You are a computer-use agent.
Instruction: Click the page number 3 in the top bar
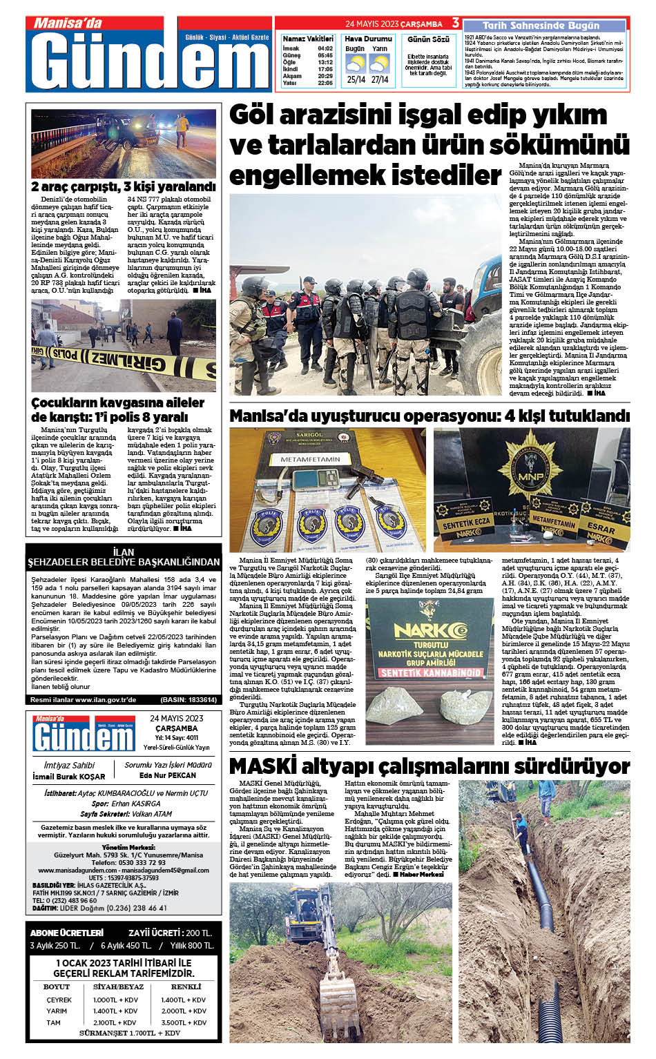tap(456, 23)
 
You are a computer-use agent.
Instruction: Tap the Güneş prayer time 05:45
tap(325, 55)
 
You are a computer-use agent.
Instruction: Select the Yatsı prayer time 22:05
tap(325, 83)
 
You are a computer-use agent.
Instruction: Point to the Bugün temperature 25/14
tap(356, 79)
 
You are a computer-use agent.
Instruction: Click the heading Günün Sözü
tap(428, 39)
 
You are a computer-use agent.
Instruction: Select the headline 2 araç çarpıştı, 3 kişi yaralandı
tap(124, 186)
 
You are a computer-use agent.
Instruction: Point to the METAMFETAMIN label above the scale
tap(310, 459)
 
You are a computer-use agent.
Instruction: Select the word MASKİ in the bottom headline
tap(262, 766)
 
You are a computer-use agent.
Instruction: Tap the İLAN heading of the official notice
tap(124, 552)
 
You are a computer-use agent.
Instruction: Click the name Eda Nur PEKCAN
tap(168, 775)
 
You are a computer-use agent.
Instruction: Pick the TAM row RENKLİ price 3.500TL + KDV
tap(184, 1022)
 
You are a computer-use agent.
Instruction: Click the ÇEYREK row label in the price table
tap(59, 1000)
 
